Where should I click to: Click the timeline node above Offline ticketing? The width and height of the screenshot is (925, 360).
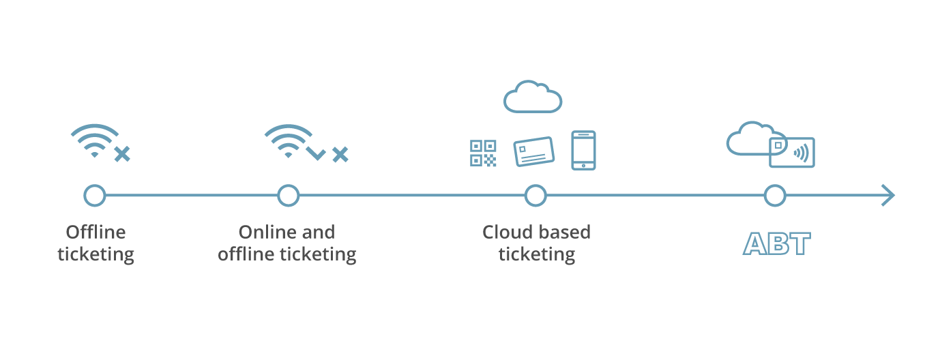(95, 196)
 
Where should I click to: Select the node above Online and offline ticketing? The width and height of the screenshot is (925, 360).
(289, 196)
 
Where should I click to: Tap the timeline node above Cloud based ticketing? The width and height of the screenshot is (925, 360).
(536, 196)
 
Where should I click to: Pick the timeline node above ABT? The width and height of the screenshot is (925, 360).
(775, 196)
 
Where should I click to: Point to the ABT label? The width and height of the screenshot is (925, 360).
(777, 243)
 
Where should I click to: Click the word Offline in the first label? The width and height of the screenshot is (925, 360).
(96, 232)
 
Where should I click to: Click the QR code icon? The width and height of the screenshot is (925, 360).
(484, 153)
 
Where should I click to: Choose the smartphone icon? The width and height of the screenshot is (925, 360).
(583, 150)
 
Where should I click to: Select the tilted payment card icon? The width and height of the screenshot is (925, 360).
(533, 151)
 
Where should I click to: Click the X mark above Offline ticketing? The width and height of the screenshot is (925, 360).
(122, 154)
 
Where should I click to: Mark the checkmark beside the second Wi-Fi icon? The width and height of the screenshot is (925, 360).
(316, 154)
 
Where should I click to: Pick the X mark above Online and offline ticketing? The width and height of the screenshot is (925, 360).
(340, 154)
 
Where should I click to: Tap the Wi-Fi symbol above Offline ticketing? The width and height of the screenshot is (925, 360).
(95, 140)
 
